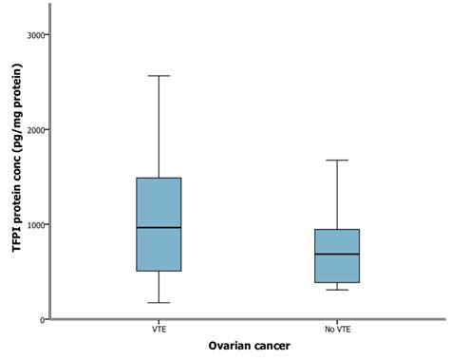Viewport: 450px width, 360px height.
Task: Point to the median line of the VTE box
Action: click(159, 227)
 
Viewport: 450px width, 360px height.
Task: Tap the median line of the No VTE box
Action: click(337, 254)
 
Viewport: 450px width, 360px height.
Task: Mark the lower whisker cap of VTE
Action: click(159, 303)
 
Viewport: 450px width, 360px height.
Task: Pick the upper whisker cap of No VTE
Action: click(337, 160)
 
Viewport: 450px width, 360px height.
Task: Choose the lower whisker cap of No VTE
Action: click(337, 289)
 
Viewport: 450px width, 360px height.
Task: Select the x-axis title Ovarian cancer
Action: click(249, 347)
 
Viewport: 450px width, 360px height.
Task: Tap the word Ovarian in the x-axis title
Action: click(228, 347)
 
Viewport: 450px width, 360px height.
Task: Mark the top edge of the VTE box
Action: click(159, 178)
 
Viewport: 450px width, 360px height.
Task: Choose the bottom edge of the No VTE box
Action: click(337, 282)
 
